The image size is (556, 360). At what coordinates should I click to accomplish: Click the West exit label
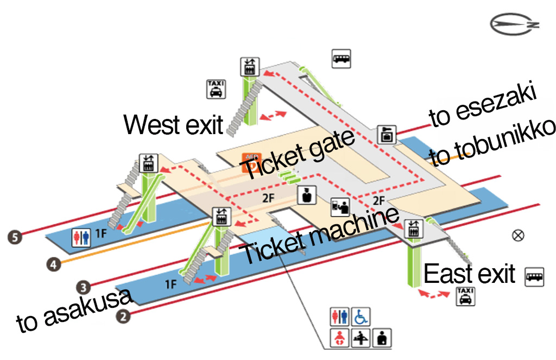173,124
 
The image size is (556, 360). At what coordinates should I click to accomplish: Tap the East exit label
469,274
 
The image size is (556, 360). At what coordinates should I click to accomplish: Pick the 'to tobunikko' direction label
495,143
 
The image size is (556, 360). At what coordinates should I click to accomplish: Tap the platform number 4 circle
52,264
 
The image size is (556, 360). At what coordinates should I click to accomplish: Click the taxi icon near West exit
216,89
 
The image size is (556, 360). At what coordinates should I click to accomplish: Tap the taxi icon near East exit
465,296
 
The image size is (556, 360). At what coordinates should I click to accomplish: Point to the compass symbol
514,24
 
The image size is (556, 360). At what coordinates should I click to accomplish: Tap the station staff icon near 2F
307,195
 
